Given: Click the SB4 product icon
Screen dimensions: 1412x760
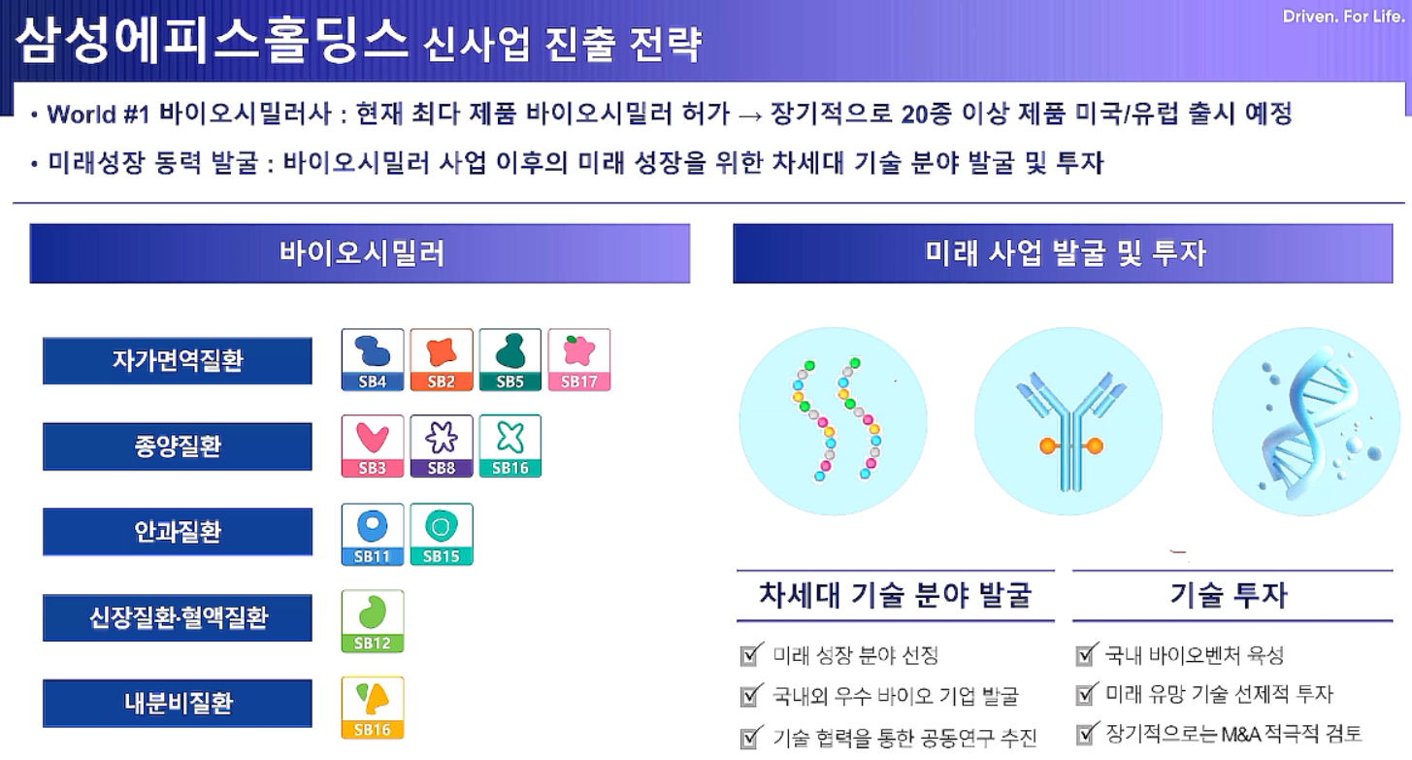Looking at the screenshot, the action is tap(373, 359).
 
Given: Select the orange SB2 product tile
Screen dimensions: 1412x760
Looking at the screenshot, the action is tap(442, 359).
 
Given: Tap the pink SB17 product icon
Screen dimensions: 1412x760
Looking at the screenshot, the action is tap(578, 359).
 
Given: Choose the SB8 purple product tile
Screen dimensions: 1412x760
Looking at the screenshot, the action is tap(442, 446).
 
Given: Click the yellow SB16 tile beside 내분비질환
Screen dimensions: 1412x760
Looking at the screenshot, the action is tap(373, 707).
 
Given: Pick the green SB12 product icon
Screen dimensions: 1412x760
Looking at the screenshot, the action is tap(373, 620).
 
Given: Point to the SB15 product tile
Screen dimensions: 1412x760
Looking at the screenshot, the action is tap(442, 534).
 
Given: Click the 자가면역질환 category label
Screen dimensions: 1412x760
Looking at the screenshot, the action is tap(178, 361).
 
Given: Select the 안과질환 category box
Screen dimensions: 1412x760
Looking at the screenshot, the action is tap(178, 532).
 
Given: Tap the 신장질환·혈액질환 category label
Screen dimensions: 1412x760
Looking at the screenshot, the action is tap(178, 617).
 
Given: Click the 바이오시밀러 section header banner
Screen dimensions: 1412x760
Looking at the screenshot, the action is tap(360, 253).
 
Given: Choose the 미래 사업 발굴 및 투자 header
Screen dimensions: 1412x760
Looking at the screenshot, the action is tap(1063, 253).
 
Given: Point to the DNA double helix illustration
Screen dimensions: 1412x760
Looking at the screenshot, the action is tap(1308, 421).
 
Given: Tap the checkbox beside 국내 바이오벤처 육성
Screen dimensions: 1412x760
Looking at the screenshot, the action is tap(1086, 654).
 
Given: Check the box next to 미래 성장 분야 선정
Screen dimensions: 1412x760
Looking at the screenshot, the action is tap(751, 654).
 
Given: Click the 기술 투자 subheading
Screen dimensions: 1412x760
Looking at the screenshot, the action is tap(1229, 595).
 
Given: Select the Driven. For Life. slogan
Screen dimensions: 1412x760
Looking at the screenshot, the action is tap(1343, 17).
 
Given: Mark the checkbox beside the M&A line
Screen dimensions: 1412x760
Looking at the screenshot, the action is tap(1086, 733).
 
